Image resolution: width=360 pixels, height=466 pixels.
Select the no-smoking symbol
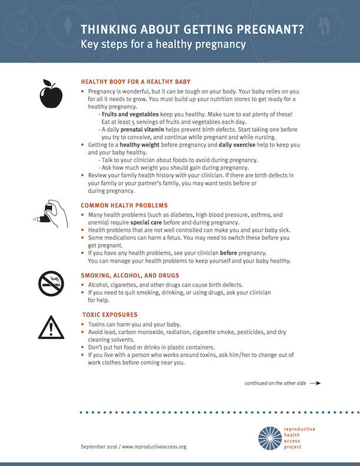click(51, 284)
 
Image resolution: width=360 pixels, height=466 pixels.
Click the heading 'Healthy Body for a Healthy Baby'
click(135, 81)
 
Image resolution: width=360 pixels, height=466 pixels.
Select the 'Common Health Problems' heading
click(124, 205)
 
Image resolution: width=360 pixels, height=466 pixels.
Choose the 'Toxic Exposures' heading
click(110, 315)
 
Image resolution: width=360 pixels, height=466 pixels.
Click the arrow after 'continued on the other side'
click(314, 383)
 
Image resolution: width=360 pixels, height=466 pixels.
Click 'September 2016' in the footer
click(99, 447)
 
